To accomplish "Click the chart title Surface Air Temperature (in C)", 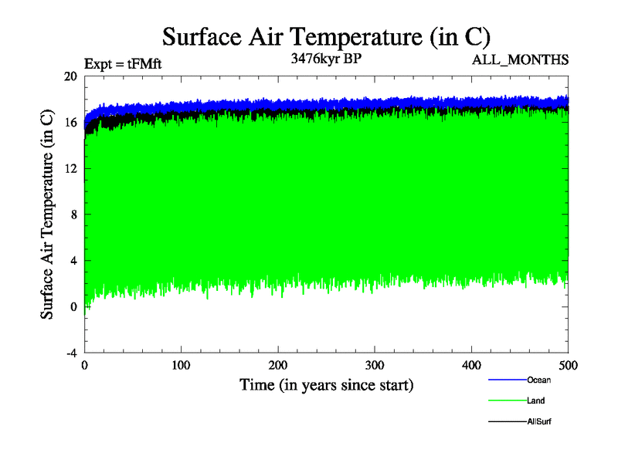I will (x=326, y=37).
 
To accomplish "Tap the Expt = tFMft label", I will (x=123, y=65).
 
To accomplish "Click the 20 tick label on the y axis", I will (x=70, y=76).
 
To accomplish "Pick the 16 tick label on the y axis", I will (x=70, y=123).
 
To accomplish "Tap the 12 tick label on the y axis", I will (x=70, y=168).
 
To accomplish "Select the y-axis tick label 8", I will (x=73, y=215).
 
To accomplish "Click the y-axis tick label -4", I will (x=70, y=353).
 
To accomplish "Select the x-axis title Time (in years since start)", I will (x=326, y=384).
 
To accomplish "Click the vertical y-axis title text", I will (x=48, y=215).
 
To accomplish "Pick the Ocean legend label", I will (x=539, y=380).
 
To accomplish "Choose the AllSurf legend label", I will (x=539, y=421).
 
